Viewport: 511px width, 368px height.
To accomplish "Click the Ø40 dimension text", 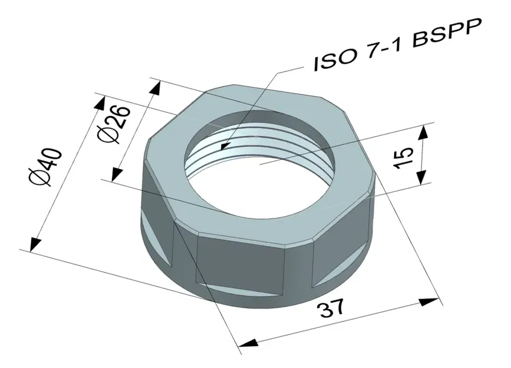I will click(x=47, y=166).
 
